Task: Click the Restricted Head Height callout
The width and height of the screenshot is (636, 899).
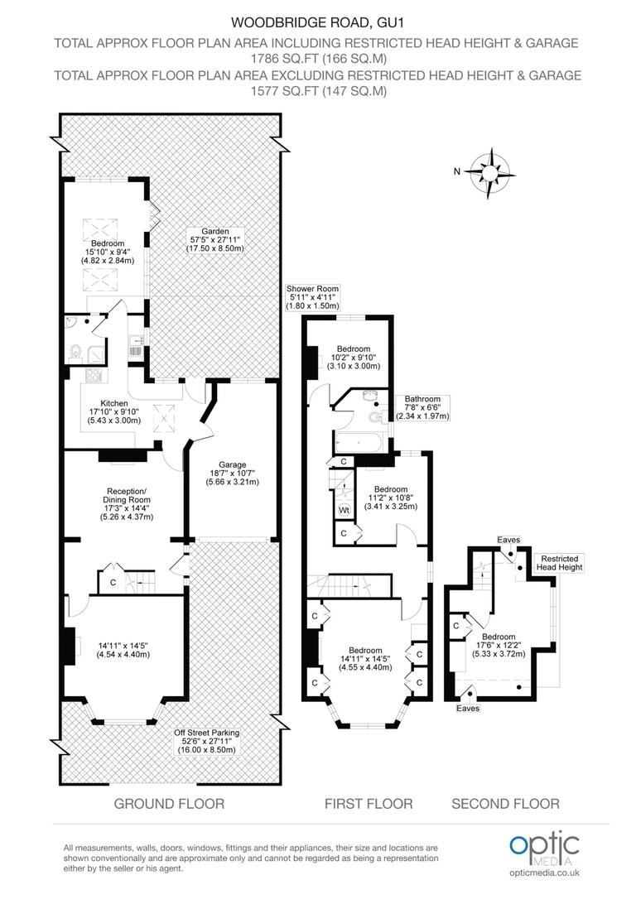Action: (x=561, y=563)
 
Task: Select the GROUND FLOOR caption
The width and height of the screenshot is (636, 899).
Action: (x=169, y=804)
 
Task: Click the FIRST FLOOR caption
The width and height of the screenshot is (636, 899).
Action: (x=368, y=804)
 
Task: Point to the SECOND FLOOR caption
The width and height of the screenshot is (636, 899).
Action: (x=505, y=804)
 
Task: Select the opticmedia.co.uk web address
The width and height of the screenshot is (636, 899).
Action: (x=544, y=873)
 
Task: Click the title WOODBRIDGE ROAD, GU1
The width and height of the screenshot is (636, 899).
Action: (x=318, y=24)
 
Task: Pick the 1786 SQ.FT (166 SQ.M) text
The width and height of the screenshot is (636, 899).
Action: (x=318, y=59)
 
